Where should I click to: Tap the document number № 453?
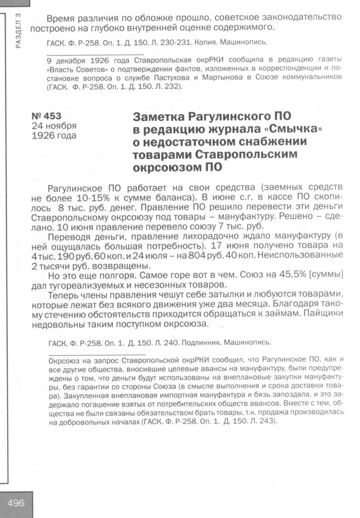[x=47, y=116]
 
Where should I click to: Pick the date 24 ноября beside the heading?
[x=54, y=126]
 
